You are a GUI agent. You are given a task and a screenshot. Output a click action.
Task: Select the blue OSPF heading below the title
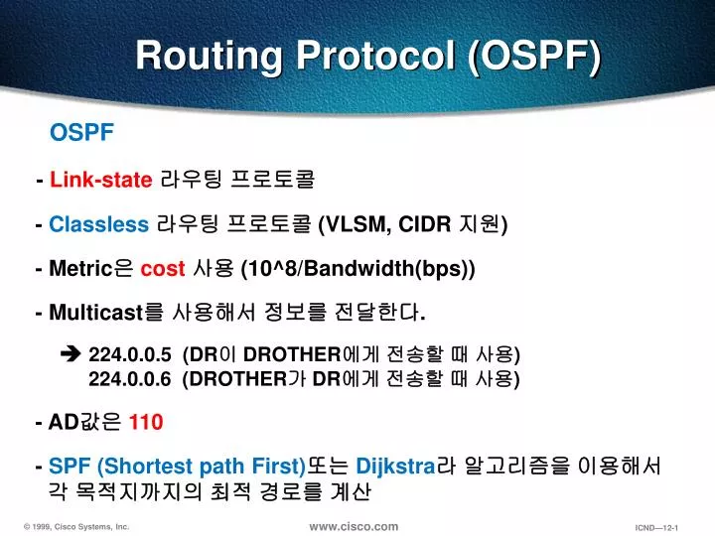click(x=82, y=133)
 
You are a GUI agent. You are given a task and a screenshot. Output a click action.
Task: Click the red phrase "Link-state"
click(x=100, y=180)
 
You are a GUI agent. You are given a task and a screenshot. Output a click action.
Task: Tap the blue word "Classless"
click(x=98, y=224)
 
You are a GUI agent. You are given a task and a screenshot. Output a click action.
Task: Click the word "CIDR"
click(x=425, y=224)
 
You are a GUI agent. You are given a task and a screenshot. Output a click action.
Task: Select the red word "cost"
click(x=163, y=270)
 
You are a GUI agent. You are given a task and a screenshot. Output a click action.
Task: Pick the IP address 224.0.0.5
click(x=130, y=354)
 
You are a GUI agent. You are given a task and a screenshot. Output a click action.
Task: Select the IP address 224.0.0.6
click(x=130, y=378)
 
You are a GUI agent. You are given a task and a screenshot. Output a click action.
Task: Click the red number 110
click(x=146, y=423)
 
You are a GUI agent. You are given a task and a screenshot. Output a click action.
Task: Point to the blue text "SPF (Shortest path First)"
click(x=176, y=467)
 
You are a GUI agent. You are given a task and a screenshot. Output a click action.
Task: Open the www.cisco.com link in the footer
click(x=354, y=526)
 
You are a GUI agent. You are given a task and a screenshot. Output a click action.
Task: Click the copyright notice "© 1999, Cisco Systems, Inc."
click(x=76, y=527)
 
